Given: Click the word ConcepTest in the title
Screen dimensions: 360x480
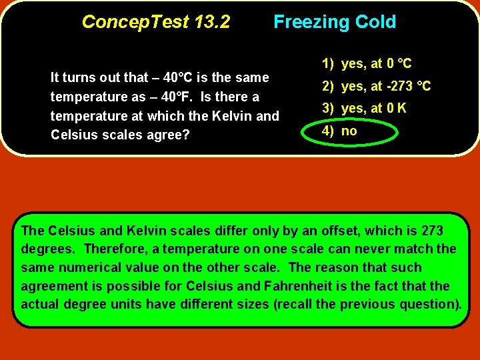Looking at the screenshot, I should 135,22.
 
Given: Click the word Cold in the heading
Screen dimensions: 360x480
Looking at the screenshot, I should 375,22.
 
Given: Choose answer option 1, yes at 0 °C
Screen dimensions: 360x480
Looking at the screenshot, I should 367,64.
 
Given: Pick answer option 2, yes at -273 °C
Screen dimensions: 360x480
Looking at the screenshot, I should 377,87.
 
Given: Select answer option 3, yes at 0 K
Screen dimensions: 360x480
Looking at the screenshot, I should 365,109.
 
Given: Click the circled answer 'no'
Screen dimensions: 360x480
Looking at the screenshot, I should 349,131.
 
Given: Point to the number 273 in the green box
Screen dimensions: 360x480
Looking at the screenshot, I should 432,231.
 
